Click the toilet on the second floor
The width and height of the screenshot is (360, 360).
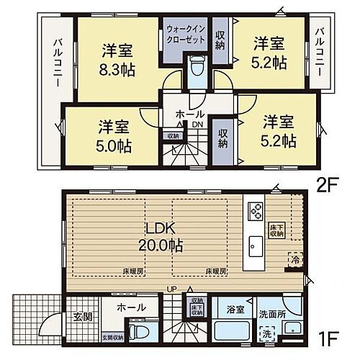click(196, 73)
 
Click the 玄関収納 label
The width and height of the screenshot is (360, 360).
click(112, 337)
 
